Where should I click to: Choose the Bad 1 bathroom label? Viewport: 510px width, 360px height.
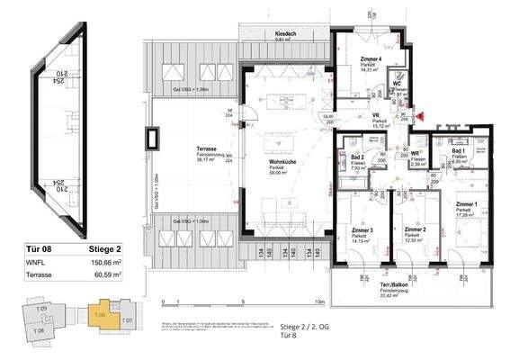[456, 151]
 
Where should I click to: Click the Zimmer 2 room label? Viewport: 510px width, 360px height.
[415, 230]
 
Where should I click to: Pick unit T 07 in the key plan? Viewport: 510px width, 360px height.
[126, 320]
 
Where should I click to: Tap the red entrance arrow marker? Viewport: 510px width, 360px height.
[417, 114]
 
